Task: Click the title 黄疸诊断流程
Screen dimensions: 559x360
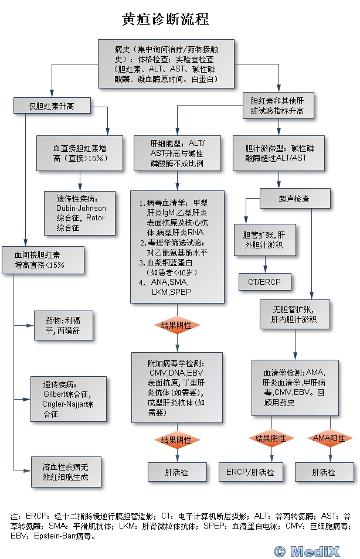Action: tap(165, 20)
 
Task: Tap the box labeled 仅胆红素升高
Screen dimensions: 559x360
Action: tap(52, 105)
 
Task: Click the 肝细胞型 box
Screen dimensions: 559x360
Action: tap(177, 154)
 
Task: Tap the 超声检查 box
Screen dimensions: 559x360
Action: tap(294, 199)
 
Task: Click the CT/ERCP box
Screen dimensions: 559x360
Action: tap(264, 282)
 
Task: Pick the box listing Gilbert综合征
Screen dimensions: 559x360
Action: tap(68, 398)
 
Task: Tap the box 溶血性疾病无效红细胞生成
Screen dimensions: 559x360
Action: tap(65, 471)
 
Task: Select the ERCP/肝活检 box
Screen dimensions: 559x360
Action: tap(250, 472)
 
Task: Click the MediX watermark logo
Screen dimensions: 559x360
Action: tap(314, 550)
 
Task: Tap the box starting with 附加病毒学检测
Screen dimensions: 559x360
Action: tap(176, 387)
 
